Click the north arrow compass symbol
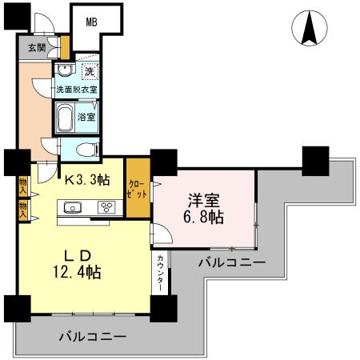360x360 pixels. pos(310,30)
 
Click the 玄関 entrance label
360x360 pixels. pos(37,47)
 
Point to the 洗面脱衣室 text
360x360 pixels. pos(76,89)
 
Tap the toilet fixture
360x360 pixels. pos(86,149)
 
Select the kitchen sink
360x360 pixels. pos(70,208)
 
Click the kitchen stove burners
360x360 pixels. pos(106,208)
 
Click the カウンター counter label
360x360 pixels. pos(161,273)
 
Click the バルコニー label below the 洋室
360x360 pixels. pos(232,262)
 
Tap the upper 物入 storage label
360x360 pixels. pos(23,186)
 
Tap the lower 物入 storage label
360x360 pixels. pos(23,210)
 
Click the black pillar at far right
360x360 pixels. pos(315,160)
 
